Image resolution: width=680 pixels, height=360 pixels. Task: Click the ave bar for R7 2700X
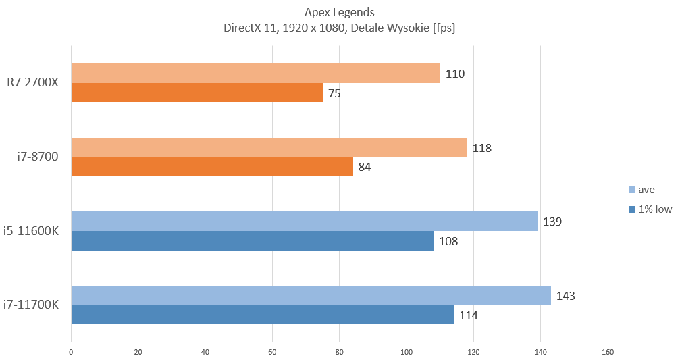tap(255, 73)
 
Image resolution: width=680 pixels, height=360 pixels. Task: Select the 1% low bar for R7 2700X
tap(197, 93)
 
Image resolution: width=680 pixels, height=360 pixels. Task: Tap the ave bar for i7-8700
tap(269, 147)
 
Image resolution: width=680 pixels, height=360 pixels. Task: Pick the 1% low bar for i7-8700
tap(212, 167)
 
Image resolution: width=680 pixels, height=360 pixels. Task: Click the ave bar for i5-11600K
tap(304, 221)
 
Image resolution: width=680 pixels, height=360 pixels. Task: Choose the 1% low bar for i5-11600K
tap(252, 240)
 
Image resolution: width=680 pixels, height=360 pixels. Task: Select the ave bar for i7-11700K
tap(311, 295)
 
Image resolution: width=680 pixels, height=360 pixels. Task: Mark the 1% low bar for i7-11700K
tap(262, 315)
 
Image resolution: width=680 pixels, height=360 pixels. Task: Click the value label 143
tap(566, 296)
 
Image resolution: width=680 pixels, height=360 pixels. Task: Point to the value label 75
tap(334, 93)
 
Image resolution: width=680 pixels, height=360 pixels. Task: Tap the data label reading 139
tap(552, 222)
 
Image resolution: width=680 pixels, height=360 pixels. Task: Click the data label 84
tap(365, 167)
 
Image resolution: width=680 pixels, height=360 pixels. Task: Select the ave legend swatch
tap(632, 190)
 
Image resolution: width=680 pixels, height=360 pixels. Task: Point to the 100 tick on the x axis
tap(407, 351)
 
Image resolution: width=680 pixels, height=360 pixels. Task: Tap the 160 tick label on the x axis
tap(608, 351)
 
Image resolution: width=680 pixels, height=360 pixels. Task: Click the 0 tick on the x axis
tap(71, 351)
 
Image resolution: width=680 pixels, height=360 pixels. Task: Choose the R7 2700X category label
tap(38, 83)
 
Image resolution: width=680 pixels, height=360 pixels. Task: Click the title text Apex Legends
tap(340, 12)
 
